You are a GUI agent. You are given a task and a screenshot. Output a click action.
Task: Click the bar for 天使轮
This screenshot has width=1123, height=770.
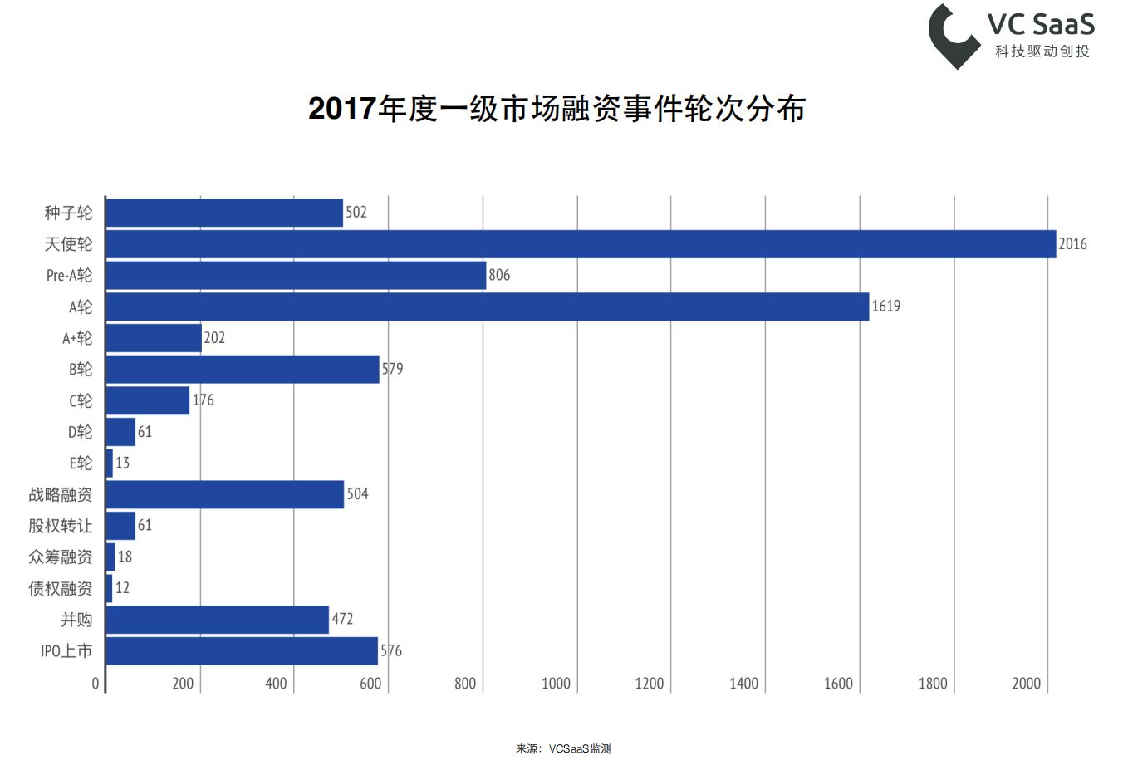(581, 244)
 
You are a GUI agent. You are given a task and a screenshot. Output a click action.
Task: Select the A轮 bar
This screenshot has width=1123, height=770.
(487, 307)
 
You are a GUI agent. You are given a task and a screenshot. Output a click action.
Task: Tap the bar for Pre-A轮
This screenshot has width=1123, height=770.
(296, 275)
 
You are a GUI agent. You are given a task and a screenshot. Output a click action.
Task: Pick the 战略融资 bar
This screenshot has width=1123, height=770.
(224, 494)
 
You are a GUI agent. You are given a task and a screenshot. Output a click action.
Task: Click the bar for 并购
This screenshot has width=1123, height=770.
(217, 620)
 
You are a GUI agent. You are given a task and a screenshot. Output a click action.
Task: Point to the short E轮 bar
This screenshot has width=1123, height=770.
(109, 463)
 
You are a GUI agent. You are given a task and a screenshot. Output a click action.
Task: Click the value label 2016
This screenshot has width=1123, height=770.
(1072, 244)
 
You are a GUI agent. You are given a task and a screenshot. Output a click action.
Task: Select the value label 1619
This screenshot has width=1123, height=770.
(885, 307)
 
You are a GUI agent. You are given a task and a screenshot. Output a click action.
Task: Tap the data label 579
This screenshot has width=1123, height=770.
(392, 369)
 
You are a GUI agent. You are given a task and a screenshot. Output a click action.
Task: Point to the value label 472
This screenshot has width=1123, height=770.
(342, 619)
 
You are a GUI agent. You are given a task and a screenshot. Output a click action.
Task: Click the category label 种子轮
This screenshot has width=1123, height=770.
(68, 213)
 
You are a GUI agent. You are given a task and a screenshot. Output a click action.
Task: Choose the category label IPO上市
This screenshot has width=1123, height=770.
(66, 651)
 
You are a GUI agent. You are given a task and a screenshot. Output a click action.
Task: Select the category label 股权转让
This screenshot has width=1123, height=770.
(61, 526)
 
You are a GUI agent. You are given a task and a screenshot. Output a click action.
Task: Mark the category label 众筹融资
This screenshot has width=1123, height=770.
(61, 557)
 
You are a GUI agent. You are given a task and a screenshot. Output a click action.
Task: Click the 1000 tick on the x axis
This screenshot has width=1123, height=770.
(556, 684)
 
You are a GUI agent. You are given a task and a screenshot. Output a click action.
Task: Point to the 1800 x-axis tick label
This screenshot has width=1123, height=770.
(932, 684)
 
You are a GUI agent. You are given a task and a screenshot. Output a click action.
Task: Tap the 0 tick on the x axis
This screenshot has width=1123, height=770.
(96, 684)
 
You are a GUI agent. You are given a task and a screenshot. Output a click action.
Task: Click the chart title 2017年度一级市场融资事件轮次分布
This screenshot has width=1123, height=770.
(557, 109)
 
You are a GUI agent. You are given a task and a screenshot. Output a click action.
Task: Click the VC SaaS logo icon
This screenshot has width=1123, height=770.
(953, 36)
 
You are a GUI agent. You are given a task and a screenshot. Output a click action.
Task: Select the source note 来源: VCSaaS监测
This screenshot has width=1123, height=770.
(563, 749)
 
